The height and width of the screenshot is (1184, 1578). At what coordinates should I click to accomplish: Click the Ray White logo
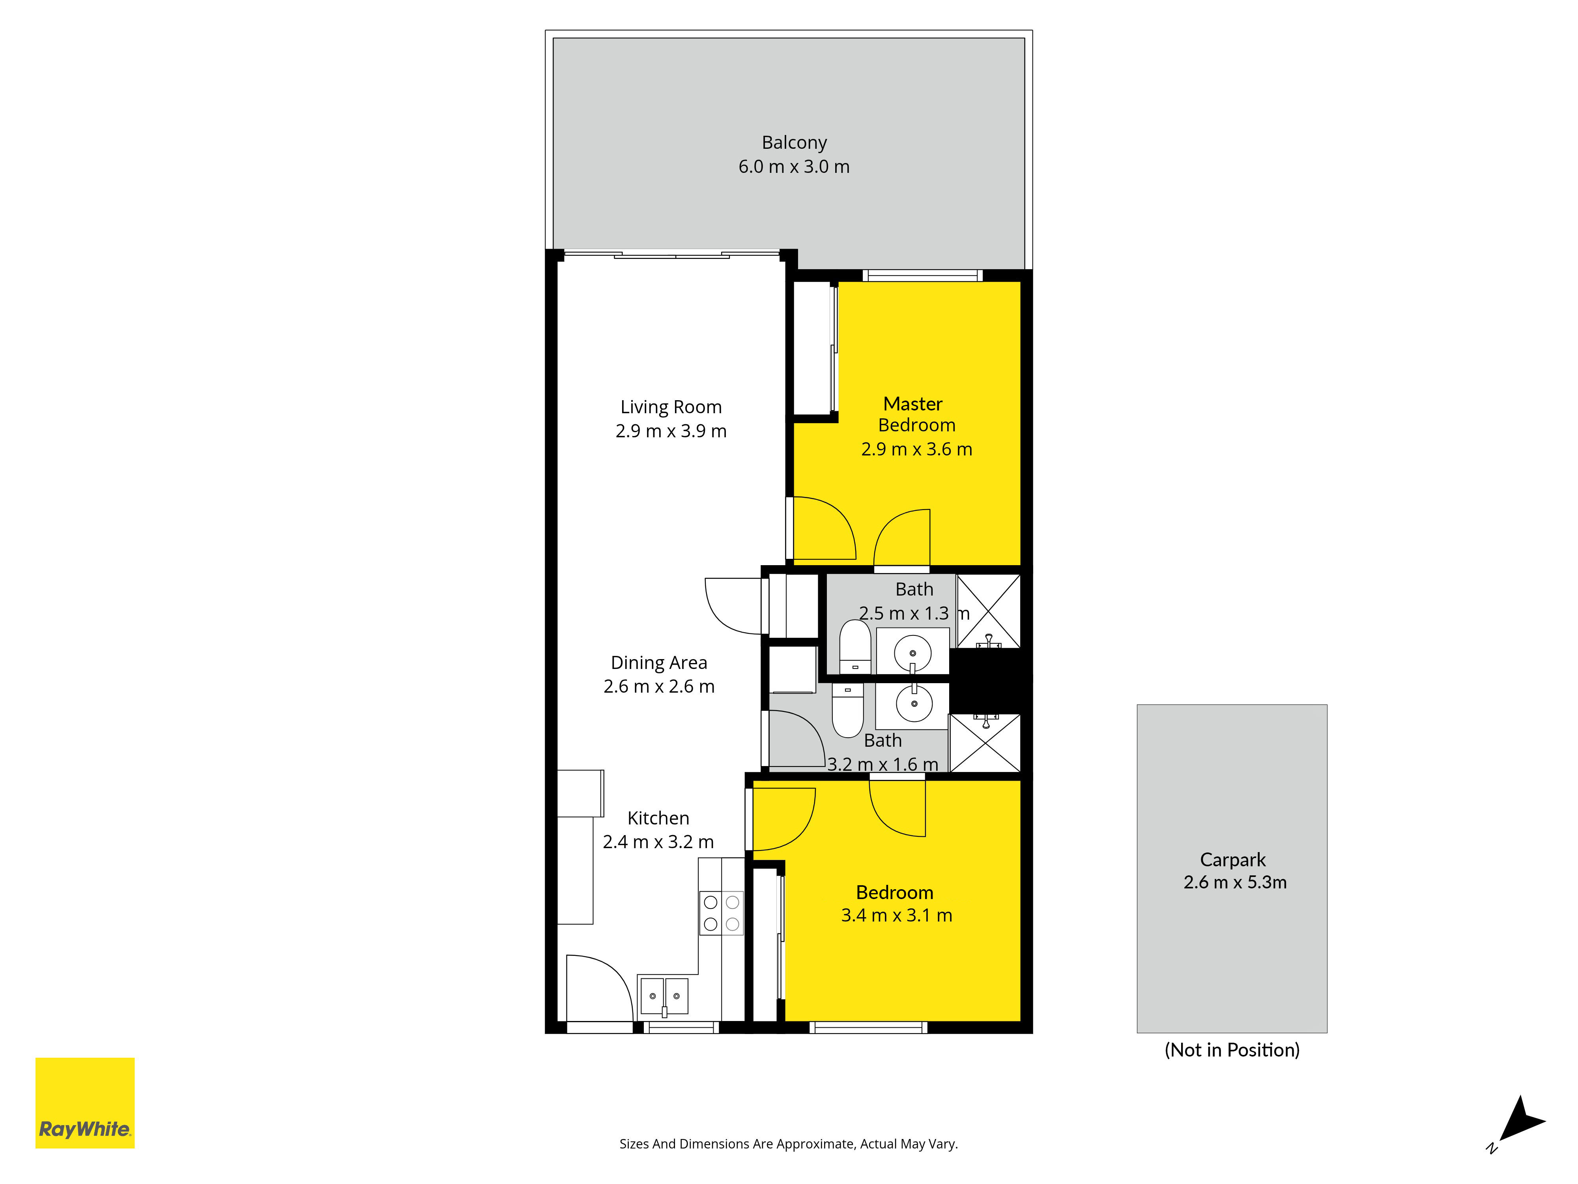tap(85, 1103)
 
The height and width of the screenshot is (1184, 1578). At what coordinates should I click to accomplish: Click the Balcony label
tap(794, 143)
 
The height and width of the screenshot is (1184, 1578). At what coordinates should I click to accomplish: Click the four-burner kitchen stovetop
tap(721, 913)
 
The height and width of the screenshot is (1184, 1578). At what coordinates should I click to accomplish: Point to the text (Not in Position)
tap(1232, 1050)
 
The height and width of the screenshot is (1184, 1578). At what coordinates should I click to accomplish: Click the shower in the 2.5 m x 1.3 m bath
tap(989, 611)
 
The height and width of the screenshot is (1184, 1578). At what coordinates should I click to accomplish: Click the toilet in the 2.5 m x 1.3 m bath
tap(854, 646)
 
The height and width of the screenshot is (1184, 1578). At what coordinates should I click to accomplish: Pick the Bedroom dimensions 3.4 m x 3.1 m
tap(897, 916)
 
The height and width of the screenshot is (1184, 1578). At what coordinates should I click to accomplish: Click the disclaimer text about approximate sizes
tap(788, 1144)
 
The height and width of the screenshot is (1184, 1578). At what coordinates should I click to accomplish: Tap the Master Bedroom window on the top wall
tap(922, 275)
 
